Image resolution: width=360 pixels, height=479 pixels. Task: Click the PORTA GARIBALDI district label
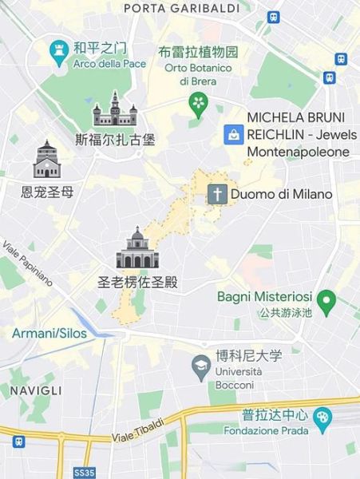coord(181,8)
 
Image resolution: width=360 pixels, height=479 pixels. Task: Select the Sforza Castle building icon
coord(115,109)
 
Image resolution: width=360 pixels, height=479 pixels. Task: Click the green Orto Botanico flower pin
coord(197,103)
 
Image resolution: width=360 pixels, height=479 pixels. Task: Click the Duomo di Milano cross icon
coord(217,193)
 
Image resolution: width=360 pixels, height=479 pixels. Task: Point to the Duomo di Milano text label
coord(281,194)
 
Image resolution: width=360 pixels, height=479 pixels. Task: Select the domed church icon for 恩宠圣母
coord(46,161)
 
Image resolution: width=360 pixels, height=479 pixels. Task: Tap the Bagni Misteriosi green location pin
coord(326,302)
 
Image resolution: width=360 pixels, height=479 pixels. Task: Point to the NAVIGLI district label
coord(35,390)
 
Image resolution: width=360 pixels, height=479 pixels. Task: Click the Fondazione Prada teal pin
coord(322,417)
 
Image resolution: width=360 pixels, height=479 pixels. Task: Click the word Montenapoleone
coord(299,152)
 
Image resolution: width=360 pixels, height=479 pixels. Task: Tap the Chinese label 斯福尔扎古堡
coord(115,139)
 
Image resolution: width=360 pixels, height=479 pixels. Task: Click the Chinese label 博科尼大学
coord(248,356)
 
